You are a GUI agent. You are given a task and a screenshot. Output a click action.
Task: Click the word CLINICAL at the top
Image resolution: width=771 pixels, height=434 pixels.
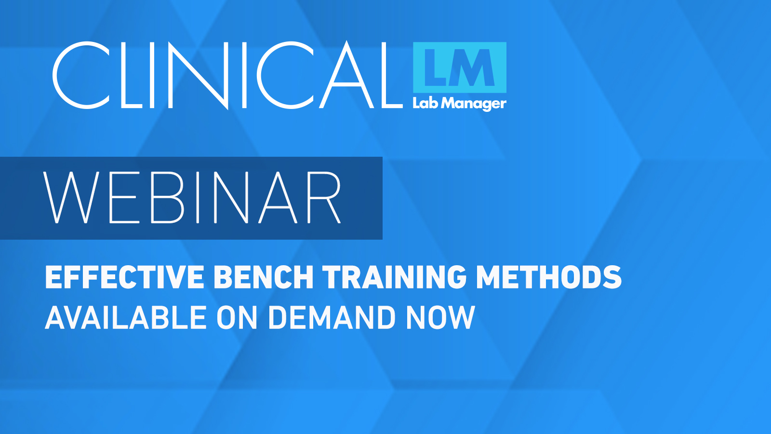(227, 75)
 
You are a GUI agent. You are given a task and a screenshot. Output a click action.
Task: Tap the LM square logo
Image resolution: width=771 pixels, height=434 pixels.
(460, 68)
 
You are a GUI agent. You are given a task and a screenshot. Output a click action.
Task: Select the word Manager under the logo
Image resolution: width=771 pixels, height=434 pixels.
(474, 104)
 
